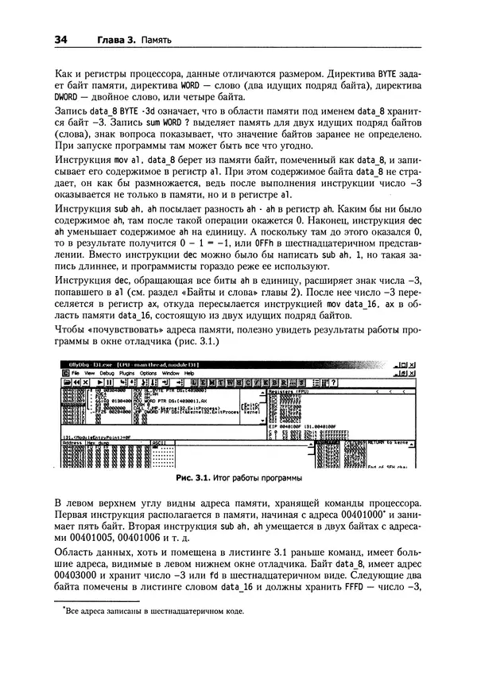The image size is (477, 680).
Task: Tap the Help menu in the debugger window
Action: [x=189, y=372]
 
